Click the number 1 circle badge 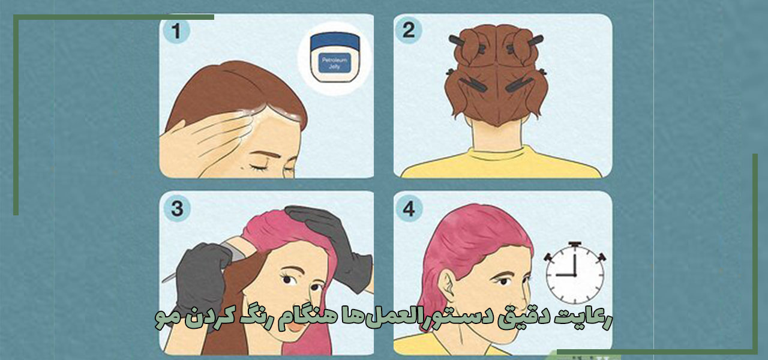coord(176,31)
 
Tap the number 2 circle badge coord(409,31)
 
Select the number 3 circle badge coord(176,209)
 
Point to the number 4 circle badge coord(409,209)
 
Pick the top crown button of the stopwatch coord(574,245)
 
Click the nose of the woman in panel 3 coord(308,288)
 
